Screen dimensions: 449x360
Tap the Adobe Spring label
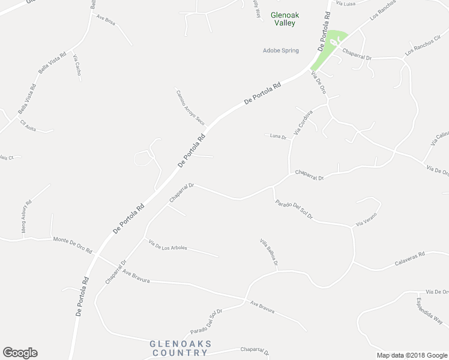(x=281, y=50)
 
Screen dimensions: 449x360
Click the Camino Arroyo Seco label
(x=190, y=107)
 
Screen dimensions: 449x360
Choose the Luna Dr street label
(x=276, y=136)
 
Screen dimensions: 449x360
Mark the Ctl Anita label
(x=28, y=126)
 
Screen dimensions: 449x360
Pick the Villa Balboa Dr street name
(x=269, y=253)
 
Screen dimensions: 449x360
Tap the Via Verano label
(x=366, y=219)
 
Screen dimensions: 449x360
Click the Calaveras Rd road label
(x=410, y=259)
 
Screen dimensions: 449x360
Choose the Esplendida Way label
(x=430, y=310)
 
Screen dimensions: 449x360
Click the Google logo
(x=20, y=353)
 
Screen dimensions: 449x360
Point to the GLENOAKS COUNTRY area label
(x=180, y=347)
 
